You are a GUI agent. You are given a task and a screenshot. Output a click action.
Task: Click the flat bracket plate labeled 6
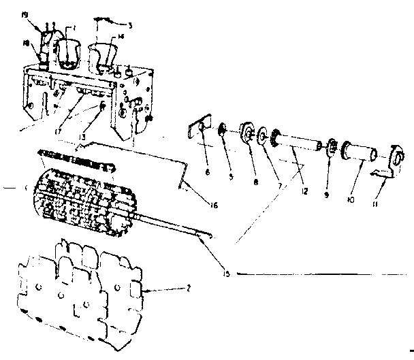[198, 131]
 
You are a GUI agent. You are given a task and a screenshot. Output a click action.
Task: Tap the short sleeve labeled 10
[356, 151]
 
